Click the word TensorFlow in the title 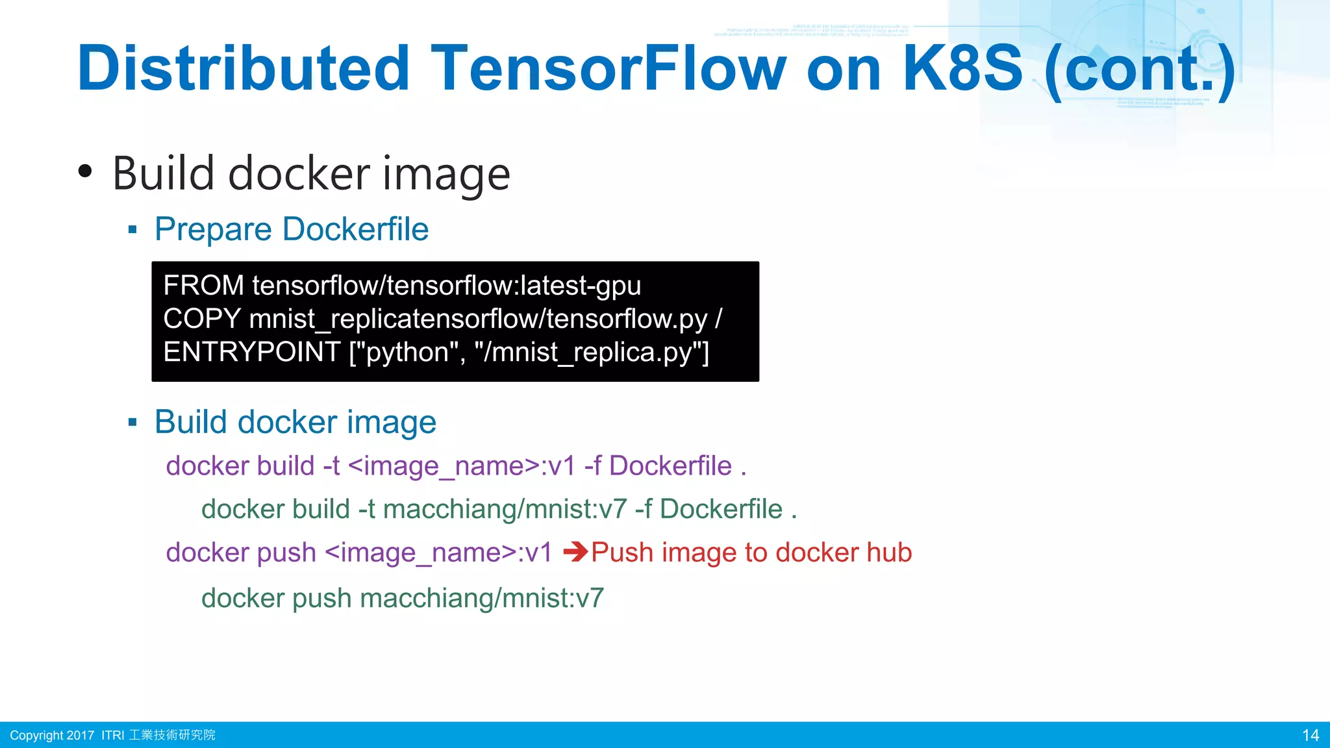click(x=609, y=68)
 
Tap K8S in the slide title click(x=962, y=68)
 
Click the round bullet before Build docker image click(x=85, y=171)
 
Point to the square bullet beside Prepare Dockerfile click(x=132, y=229)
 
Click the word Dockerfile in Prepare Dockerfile click(x=355, y=229)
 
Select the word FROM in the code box click(x=203, y=286)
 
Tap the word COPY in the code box click(x=202, y=319)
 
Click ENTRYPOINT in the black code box click(x=252, y=352)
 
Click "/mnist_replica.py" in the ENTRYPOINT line click(x=591, y=352)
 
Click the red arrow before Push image click(x=575, y=553)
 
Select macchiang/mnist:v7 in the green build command click(x=505, y=509)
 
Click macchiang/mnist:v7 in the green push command click(x=482, y=598)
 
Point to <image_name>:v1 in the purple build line click(x=462, y=466)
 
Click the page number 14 click(x=1311, y=735)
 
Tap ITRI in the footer click(x=112, y=735)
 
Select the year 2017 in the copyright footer click(x=80, y=735)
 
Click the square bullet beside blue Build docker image click(x=132, y=423)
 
